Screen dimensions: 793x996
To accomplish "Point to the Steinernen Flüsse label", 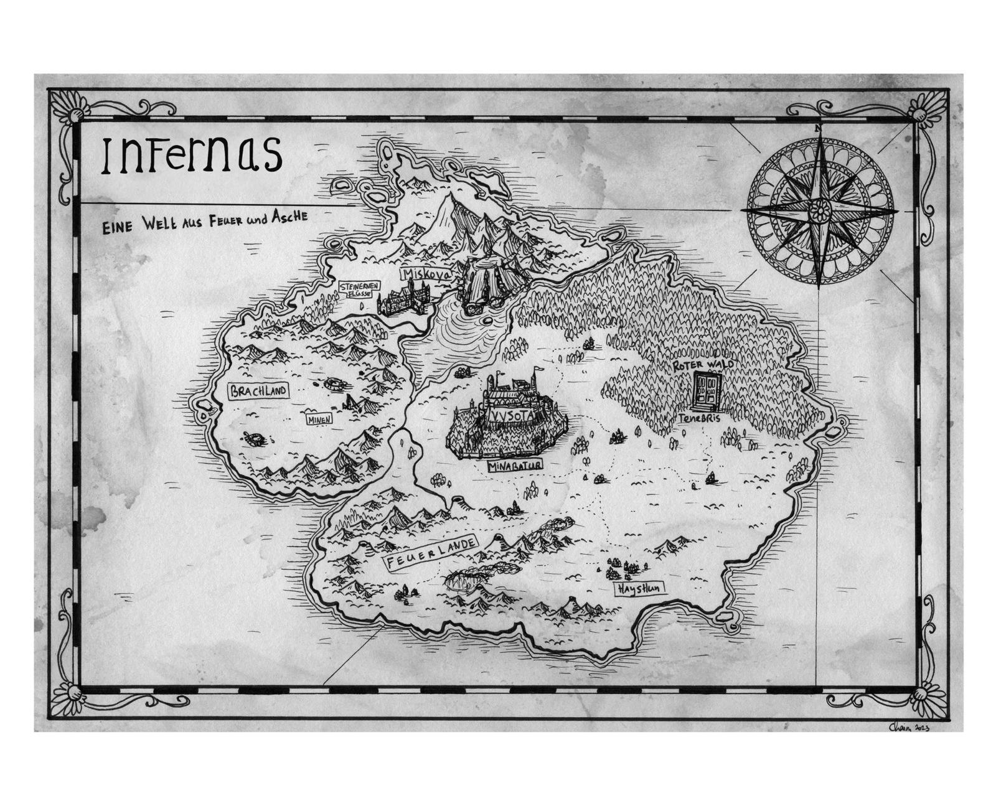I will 357,288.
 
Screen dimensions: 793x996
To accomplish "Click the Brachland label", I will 257,391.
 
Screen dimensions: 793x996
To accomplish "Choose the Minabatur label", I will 515,465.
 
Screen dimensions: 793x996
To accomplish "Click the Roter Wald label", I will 700,365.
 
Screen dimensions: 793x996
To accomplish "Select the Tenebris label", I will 700,419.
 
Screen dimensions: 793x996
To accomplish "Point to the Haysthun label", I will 639,588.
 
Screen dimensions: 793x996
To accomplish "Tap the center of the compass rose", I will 818,210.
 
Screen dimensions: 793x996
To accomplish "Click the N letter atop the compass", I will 817,128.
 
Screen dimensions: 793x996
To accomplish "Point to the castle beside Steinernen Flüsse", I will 404,299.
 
